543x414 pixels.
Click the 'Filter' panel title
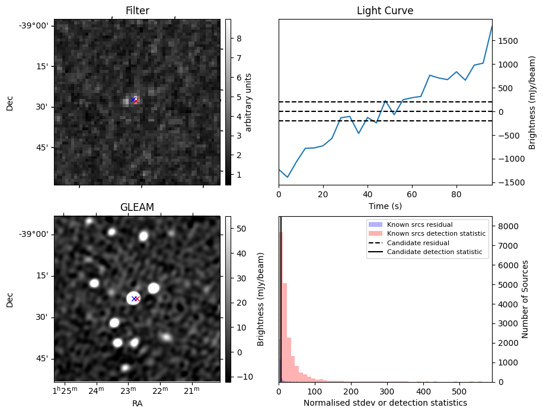pos(137,11)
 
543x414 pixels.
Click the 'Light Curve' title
pos(385,11)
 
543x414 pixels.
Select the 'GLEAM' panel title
pos(137,207)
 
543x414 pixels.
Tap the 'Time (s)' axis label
pos(385,205)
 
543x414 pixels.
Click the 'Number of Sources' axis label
pos(525,299)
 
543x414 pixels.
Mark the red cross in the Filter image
pos(136,101)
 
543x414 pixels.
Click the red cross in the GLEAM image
pos(137,299)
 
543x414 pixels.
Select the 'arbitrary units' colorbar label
pos(248,102)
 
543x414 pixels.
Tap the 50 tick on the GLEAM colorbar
pos(241,229)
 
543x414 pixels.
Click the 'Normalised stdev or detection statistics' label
pos(385,403)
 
